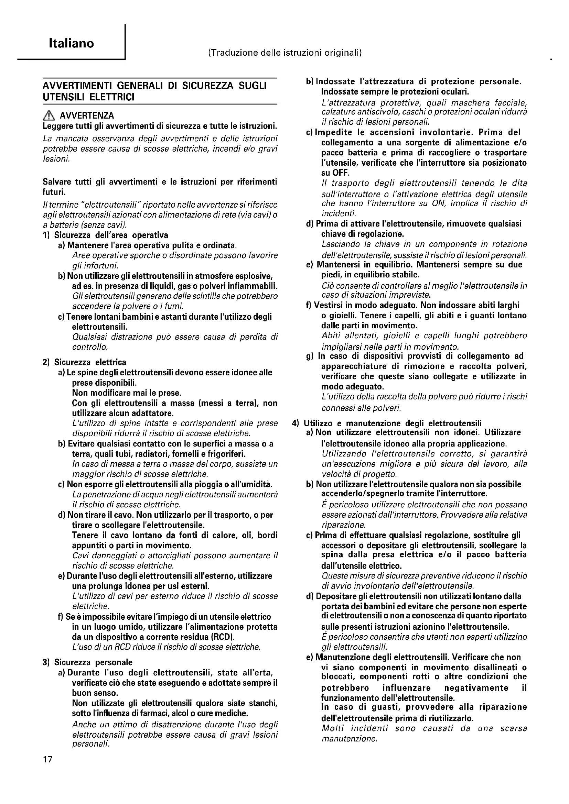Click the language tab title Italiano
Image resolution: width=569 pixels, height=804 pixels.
pos(72,43)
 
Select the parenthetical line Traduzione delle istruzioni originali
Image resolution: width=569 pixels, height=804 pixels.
pos(285,53)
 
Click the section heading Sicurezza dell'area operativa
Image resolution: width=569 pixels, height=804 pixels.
pos(111,235)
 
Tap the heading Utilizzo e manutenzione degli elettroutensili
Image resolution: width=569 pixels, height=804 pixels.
pos(393,423)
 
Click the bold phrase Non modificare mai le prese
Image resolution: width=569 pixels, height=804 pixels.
pos(127,393)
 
